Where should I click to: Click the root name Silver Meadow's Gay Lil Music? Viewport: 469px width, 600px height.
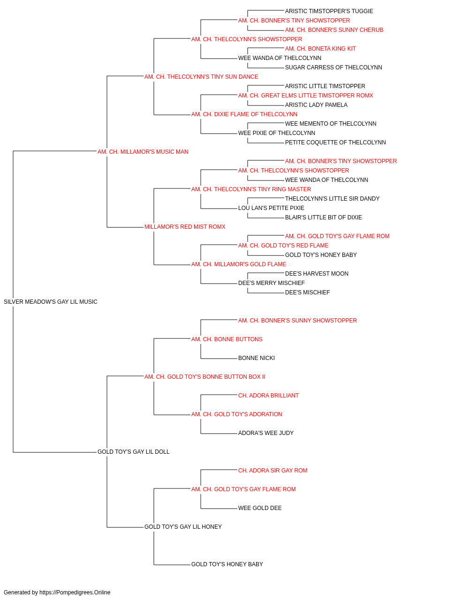tap(51, 302)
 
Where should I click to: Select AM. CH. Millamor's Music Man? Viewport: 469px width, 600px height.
tap(143, 152)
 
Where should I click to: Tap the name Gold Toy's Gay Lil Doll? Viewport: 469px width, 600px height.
tap(133, 452)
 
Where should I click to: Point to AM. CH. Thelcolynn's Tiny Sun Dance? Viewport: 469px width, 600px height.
tap(201, 77)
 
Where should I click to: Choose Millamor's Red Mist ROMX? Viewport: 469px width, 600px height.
tap(185, 227)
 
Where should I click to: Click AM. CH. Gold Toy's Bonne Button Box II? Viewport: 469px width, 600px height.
tap(204, 376)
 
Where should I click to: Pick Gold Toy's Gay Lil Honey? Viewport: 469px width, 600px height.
tap(183, 527)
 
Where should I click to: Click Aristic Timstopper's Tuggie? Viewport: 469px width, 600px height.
tap(329, 11)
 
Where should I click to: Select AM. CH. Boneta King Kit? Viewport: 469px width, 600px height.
tap(320, 49)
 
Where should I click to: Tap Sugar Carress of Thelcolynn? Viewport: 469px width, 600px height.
tap(333, 67)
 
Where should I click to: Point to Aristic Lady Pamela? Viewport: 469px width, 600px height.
tap(316, 105)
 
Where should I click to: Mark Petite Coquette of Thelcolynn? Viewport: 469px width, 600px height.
tap(335, 142)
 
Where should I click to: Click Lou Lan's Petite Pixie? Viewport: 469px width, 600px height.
tap(271, 208)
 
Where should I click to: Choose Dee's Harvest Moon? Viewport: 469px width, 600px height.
tap(317, 274)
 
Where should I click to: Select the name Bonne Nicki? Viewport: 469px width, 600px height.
tap(257, 358)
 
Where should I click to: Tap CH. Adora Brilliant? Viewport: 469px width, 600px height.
tap(268, 396)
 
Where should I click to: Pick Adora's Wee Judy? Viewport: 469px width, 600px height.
tap(266, 433)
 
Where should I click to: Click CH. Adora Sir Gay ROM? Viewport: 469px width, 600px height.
tap(272, 471)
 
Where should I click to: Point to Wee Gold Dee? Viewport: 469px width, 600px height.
tap(260, 508)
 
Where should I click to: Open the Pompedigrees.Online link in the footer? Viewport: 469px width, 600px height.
tap(75, 592)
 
